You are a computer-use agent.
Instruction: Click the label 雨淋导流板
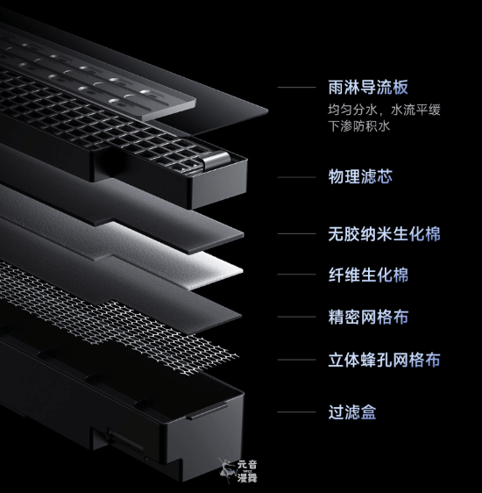tap(368, 87)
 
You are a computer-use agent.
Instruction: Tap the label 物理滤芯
tap(360, 176)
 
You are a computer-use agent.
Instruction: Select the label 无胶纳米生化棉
tap(384, 234)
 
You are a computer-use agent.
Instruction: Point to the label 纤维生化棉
tap(368, 275)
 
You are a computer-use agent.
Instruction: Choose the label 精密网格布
tap(368, 317)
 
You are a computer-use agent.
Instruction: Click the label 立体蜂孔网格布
tap(384, 360)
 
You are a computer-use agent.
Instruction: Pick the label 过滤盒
tap(352, 412)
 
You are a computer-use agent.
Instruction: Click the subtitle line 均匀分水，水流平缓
tap(384, 110)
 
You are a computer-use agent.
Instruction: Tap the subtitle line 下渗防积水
tap(359, 126)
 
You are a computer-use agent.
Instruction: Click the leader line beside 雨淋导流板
tap(297, 87)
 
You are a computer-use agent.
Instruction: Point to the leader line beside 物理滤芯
tap(297, 177)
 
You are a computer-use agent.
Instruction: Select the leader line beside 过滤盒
tap(297, 412)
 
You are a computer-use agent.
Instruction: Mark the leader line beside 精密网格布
tap(297, 317)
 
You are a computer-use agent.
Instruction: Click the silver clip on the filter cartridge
tap(216, 161)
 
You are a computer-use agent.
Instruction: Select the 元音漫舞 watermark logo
tap(238, 471)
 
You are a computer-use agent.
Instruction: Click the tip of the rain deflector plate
tap(267, 111)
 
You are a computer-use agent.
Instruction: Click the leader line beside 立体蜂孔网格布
tap(297, 360)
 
